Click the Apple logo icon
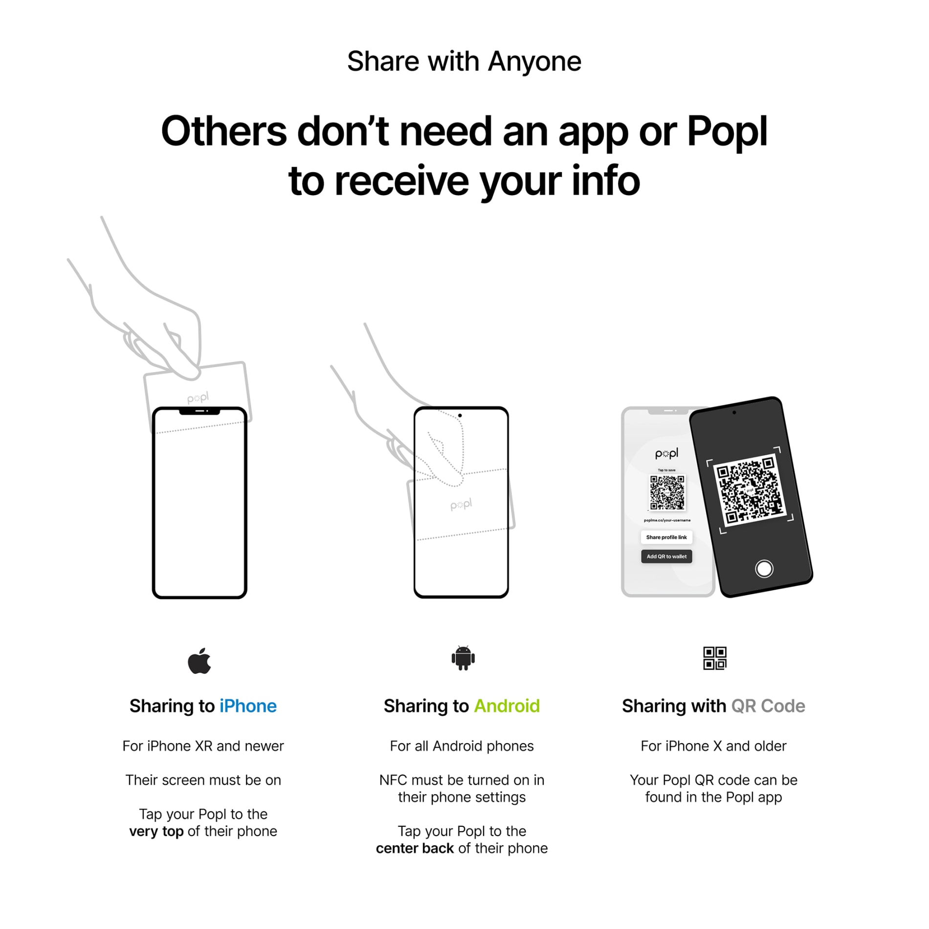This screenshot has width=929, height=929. [199, 661]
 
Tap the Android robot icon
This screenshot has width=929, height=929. [463, 658]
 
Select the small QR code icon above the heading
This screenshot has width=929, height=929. [714, 658]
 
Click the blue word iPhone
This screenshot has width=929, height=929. [248, 706]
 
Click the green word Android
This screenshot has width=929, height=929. [507, 706]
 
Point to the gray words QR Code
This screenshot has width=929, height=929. [768, 706]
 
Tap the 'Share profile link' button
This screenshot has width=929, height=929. [666, 537]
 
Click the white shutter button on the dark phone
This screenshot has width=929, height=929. [764, 569]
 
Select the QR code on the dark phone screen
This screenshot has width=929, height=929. [750, 490]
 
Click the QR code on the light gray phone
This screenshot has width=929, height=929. [667, 492]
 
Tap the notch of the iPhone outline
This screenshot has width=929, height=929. [199, 411]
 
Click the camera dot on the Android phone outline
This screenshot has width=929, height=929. [460, 416]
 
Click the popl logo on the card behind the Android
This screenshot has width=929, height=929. [461, 505]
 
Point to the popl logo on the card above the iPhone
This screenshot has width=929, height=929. [198, 398]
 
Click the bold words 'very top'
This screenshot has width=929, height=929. [156, 831]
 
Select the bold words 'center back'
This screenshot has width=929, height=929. [415, 848]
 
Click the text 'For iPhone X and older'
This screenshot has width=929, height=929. [713, 746]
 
